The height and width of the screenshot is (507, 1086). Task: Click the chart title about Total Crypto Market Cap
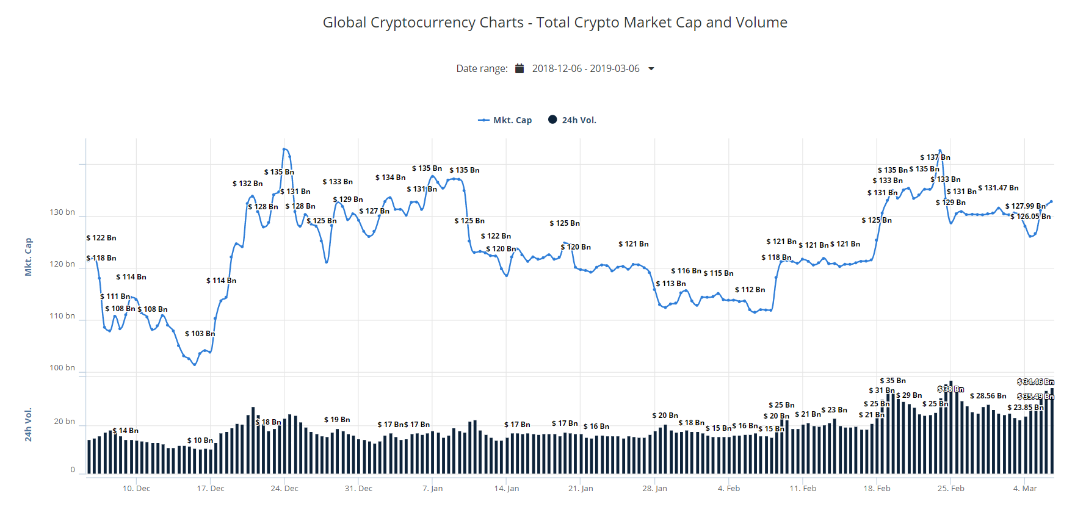pos(555,23)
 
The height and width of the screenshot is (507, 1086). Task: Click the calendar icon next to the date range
pos(519,68)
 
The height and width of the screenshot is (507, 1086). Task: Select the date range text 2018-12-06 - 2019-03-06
pos(585,68)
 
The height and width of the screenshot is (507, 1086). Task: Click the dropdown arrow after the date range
pos(651,68)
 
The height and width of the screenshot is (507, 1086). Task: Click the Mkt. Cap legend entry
pos(505,120)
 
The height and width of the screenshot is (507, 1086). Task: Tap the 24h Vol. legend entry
pos(572,120)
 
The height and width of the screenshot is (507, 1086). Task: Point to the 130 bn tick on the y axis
pos(62,212)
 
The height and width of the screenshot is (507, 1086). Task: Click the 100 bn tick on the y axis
pos(62,368)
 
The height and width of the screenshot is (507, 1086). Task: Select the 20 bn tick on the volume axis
pos(64,422)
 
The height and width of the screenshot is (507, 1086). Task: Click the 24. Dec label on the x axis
pos(284,489)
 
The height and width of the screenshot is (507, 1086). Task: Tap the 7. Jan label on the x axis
pos(433,489)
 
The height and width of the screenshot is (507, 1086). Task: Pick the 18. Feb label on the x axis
pos(877,489)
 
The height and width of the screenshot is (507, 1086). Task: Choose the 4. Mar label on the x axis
pos(1025,489)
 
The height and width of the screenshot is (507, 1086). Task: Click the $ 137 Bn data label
pos(935,157)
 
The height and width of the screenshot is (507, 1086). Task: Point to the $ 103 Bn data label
pos(200,334)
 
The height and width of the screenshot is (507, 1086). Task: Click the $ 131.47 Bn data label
pos(998,188)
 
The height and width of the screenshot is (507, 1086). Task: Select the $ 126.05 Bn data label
pos(1030,217)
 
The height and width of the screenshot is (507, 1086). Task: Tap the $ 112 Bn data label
pos(750,290)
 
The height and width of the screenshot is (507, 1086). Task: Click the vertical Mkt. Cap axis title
pos(28,257)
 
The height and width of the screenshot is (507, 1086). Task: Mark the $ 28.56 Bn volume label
pos(988,396)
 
